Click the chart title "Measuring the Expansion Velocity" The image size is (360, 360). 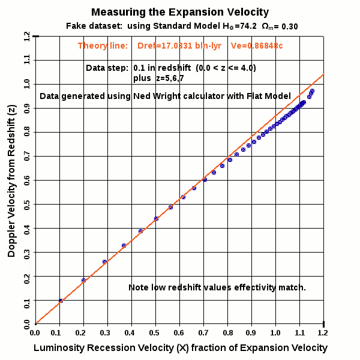(180, 12)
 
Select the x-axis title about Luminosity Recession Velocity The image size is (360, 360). (181, 348)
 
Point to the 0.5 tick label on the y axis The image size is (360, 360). (26, 204)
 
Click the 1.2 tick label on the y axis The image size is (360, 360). (26, 37)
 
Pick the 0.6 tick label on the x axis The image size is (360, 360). (179, 331)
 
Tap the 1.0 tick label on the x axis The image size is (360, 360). (275, 331)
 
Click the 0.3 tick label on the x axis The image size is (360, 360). (107, 331)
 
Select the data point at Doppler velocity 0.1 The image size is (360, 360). (61, 300)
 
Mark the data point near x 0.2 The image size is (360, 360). (84, 280)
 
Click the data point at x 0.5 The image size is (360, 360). (156, 218)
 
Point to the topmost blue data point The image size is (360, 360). (312, 91)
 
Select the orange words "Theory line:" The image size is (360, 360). (103, 46)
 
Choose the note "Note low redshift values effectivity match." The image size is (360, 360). (217, 288)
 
